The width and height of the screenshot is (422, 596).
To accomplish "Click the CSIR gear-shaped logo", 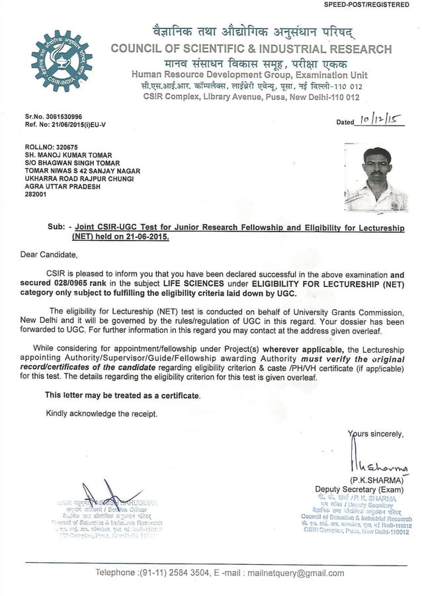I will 62,61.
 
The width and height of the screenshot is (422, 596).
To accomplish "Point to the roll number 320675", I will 65,148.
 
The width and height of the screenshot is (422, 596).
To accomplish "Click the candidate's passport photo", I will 376,178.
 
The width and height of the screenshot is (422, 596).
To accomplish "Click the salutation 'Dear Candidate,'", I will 48,254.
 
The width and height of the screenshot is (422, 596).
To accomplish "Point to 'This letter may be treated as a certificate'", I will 122,395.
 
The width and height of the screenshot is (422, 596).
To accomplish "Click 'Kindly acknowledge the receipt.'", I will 102,413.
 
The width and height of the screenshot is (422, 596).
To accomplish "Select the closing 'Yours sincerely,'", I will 375,433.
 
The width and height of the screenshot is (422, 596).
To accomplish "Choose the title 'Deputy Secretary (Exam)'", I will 361,490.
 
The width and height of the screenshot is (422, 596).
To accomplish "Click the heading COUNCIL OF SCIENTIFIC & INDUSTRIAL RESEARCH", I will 251,48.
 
